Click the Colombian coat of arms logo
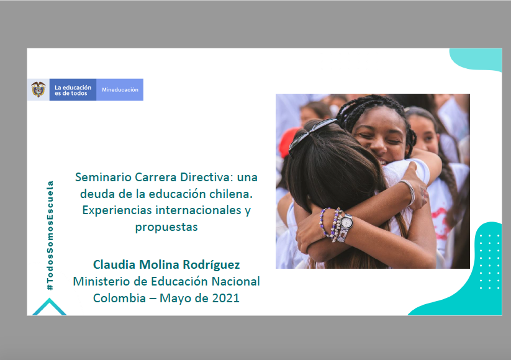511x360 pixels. coord(38,89)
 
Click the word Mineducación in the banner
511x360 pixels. coord(120,89)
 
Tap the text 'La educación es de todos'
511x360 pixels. coord(73,90)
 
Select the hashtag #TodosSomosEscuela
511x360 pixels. coord(50,235)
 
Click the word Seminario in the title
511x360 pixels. coord(103,178)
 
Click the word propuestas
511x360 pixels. coord(166,227)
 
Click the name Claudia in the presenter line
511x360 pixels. coord(114,264)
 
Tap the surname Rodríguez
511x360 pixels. coord(211,265)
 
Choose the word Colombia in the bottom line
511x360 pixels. coord(119,298)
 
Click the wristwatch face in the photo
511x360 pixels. coord(346,222)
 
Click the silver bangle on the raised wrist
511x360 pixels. coord(408,192)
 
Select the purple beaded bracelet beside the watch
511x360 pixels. coord(324,222)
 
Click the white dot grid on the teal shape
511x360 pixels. coord(489,261)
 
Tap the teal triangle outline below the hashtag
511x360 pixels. coord(49,306)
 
